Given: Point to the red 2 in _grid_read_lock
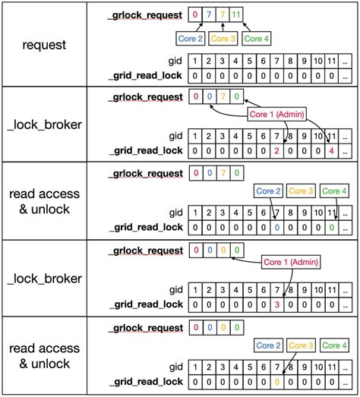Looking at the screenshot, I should [278, 150].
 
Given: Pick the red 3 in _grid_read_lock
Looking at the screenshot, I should [278, 304].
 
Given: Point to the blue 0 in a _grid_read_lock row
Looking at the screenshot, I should [278, 227].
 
